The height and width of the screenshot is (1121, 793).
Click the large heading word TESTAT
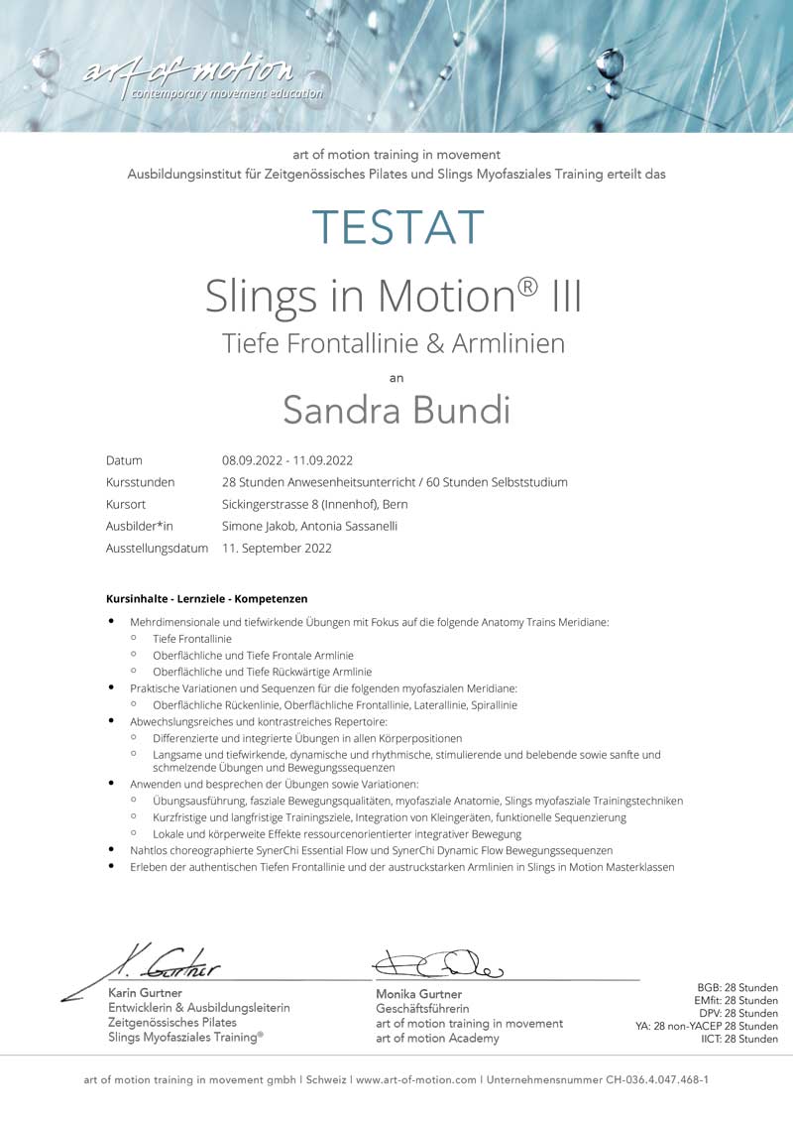(397, 227)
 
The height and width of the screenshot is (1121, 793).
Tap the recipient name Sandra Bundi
(396, 409)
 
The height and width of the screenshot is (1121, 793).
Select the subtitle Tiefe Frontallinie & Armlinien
(394, 343)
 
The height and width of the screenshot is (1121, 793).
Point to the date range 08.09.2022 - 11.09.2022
(287, 460)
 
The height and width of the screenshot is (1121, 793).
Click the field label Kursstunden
(140, 482)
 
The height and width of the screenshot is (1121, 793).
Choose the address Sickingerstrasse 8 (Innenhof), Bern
(315, 504)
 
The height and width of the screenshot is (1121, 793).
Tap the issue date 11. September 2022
(277, 548)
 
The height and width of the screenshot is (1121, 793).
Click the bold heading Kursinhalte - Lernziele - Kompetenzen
(206, 599)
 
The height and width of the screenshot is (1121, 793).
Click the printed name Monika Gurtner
(418, 994)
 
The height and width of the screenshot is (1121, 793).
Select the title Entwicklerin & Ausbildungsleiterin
(198, 1008)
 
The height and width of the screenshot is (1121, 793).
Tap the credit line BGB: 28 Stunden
(737, 988)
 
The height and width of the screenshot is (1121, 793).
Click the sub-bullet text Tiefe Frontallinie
(192, 639)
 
